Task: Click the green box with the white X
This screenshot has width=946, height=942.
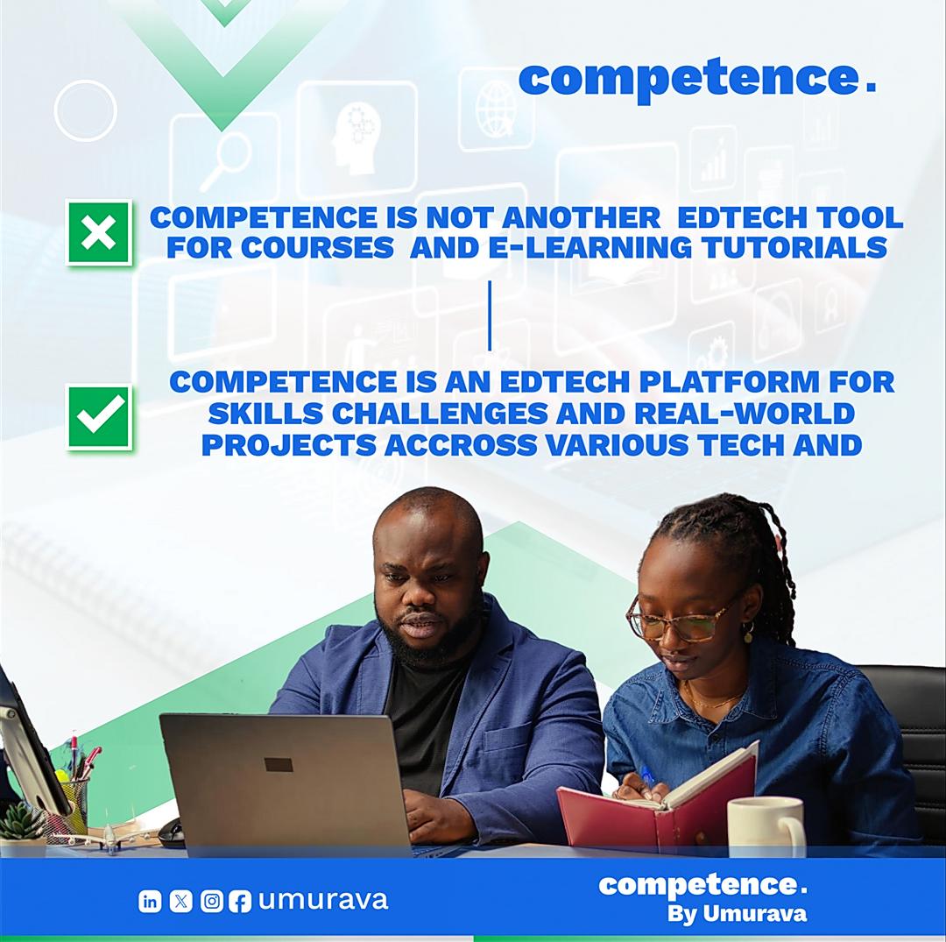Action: point(99,232)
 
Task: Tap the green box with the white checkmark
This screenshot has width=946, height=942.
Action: point(99,417)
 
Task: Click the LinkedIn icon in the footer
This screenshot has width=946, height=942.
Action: point(150,901)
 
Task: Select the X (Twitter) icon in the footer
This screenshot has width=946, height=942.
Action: point(180,901)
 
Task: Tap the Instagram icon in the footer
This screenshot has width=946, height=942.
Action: point(211,901)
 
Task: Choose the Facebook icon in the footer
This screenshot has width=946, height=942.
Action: point(239,901)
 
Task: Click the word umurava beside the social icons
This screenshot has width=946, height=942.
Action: point(322,900)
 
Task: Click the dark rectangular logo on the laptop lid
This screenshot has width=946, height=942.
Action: point(279,765)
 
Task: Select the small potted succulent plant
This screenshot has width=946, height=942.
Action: point(22,827)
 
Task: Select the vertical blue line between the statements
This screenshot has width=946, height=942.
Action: point(490,315)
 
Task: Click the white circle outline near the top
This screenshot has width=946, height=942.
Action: point(85,110)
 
